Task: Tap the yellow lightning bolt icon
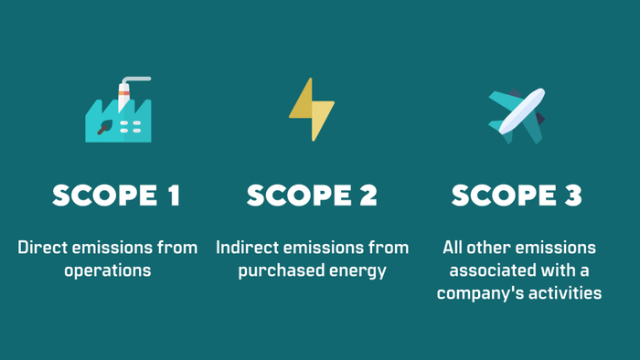(311, 110)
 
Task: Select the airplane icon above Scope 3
(517, 114)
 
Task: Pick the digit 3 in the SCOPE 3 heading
(574, 196)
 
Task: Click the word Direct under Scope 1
(42, 248)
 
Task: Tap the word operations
(108, 270)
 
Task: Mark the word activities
(567, 293)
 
